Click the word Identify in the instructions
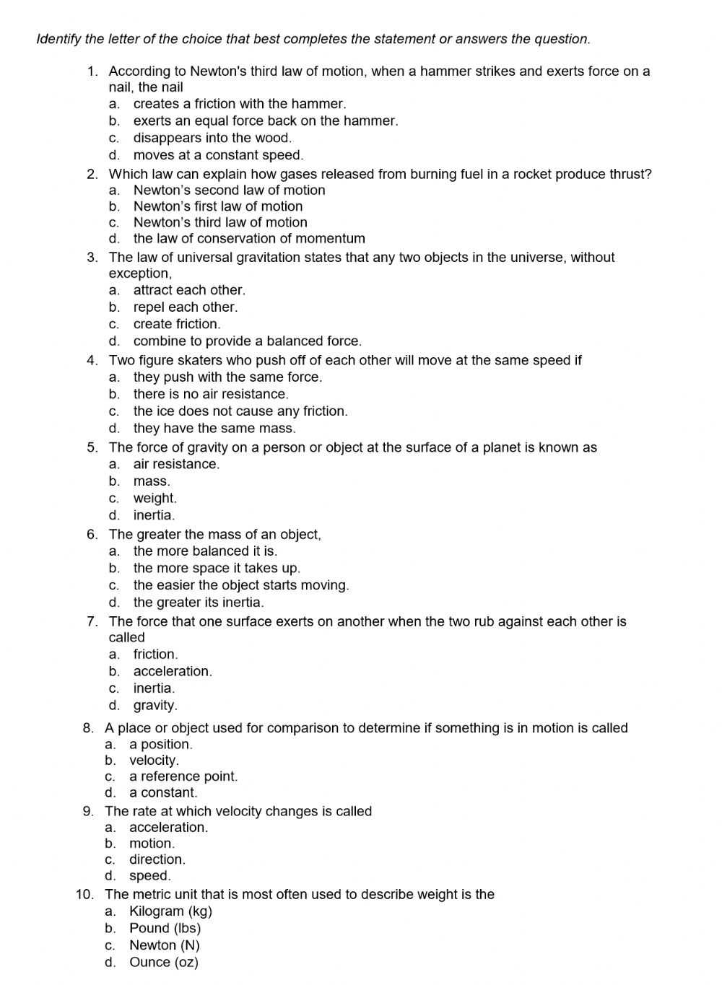click(x=58, y=39)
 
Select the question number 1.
click(x=92, y=71)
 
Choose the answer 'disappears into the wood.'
click(x=212, y=138)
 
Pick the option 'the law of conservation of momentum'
click(x=249, y=238)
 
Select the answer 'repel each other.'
click(x=185, y=307)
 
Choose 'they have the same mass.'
click(x=214, y=428)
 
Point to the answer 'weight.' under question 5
click(x=155, y=498)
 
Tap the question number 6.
click(x=92, y=535)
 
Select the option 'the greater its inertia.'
click(x=199, y=602)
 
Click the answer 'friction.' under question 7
click(x=155, y=654)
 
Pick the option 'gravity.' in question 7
click(x=155, y=705)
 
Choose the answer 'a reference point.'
click(x=183, y=776)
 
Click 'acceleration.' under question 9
click(x=168, y=827)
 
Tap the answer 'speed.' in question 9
click(x=149, y=875)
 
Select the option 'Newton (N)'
click(x=164, y=945)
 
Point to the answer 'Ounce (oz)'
click(x=163, y=962)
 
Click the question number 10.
click(x=84, y=895)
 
